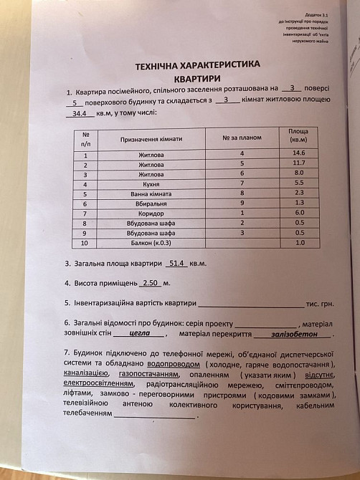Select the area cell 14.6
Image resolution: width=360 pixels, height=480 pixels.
pos(298,153)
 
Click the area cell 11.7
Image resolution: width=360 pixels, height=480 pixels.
pos(298,164)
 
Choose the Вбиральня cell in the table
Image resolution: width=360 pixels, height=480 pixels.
pos(151,203)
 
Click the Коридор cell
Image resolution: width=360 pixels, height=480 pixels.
pos(151,213)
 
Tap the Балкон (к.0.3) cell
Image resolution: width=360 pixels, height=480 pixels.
pos(151,244)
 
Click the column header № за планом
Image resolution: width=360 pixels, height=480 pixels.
pos(242,137)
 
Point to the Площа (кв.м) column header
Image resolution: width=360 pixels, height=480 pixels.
pos(298,135)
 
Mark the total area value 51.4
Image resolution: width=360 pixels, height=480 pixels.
pos(176,264)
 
